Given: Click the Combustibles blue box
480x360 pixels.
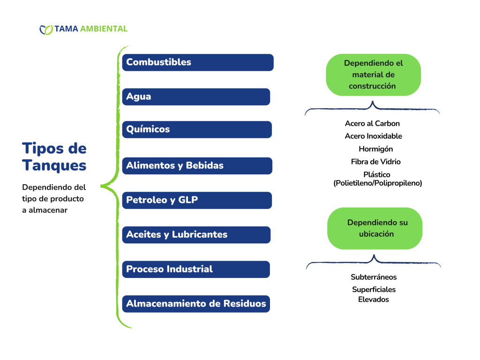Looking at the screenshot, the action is [198, 62].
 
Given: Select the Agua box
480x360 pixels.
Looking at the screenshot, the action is [196, 97].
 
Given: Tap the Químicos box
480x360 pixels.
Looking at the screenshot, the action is [197, 129].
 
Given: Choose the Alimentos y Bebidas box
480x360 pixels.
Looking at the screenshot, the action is [197, 165].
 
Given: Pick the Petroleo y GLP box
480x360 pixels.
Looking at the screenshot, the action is [197, 200].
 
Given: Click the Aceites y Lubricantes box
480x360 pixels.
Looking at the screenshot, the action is [196, 235].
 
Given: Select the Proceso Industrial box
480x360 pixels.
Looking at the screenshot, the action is [196, 270].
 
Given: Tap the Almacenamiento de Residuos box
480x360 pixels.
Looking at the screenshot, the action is [196, 304].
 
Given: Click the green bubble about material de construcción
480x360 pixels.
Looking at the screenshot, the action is [373, 75].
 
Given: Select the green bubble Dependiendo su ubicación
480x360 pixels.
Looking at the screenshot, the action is [375, 228].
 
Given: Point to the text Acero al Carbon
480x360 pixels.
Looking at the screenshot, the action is [372, 123].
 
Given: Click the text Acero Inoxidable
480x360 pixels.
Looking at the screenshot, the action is [374, 136].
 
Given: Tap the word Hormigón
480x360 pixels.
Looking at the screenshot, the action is [376, 149].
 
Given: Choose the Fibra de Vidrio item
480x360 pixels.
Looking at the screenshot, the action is [376, 162].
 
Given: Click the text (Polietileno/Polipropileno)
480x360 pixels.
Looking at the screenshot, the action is [378, 183].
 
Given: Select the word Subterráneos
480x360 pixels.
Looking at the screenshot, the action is [374, 277].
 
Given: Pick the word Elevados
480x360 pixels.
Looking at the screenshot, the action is [374, 300].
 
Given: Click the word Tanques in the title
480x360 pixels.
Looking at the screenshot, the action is [54, 165].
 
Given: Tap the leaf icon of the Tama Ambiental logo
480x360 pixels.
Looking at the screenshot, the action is [46, 30].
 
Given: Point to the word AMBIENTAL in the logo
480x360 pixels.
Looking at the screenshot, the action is [104, 29].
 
